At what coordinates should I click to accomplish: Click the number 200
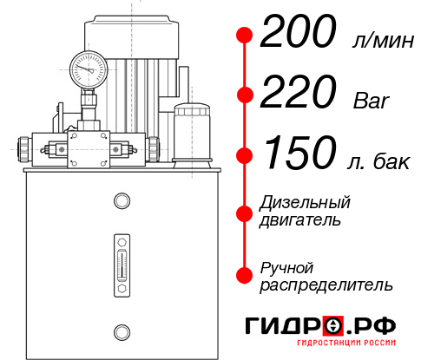coord(297,34)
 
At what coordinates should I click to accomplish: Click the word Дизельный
coord(306,202)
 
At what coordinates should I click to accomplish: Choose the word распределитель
coord(326,285)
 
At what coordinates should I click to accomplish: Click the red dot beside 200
coord(245,36)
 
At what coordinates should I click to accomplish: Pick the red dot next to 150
coord(245,156)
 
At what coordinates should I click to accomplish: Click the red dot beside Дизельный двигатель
coord(245,212)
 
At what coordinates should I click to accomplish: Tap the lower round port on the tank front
coord(121,330)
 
